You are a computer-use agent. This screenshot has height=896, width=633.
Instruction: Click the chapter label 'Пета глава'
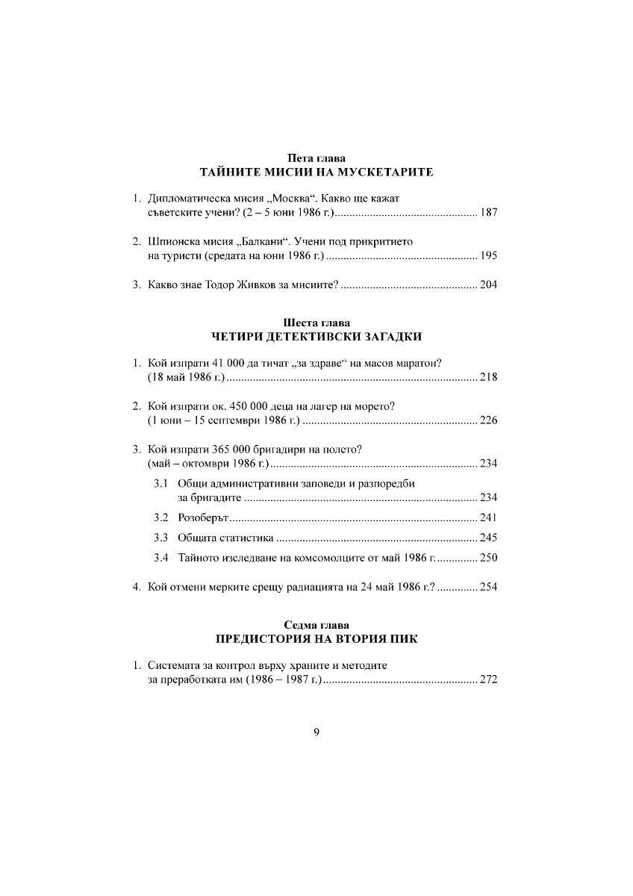click(x=316, y=158)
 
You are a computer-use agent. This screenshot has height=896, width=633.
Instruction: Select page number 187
click(x=489, y=214)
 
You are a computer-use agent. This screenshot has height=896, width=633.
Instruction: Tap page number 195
click(x=489, y=256)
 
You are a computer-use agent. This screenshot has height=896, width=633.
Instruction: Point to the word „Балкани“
click(x=265, y=242)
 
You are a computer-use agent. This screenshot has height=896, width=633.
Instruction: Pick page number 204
click(x=489, y=284)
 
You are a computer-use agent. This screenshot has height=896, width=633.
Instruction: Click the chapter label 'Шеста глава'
click(x=316, y=323)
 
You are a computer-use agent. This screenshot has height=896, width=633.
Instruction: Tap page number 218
click(x=489, y=378)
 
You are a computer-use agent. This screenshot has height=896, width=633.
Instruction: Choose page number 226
click(x=489, y=420)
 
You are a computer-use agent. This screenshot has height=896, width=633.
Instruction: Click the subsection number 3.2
click(x=161, y=517)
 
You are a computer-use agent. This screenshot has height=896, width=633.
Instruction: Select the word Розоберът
click(x=202, y=517)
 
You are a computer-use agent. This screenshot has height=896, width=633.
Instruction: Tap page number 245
click(x=489, y=538)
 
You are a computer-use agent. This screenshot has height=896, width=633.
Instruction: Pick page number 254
click(x=489, y=586)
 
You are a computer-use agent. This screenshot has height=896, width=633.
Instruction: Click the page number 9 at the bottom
click(x=316, y=732)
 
